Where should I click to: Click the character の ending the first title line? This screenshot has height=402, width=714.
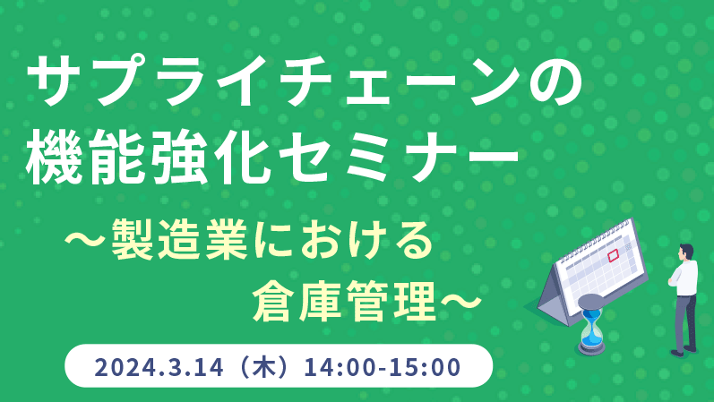pyautogui.click(x=555, y=81)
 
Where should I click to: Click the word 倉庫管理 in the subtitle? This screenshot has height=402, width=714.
pyautogui.click(x=344, y=301)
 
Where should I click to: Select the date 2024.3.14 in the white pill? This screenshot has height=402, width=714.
pyautogui.click(x=159, y=367)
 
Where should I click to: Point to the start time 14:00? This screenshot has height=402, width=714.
pyautogui.click(x=336, y=367)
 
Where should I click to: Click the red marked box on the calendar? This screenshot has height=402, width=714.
pyautogui.click(x=614, y=255)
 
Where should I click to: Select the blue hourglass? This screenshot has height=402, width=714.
pyautogui.click(x=591, y=324)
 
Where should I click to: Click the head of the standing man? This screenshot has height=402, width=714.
pyautogui.click(x=685, y=252)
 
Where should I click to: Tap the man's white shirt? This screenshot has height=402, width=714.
pyautogui.click(x=684, y=278)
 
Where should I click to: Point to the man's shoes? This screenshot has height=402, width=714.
pyautogui.click(x=683, y=351)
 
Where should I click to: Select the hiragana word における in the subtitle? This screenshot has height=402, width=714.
pyautogui.click(x=342, y=240)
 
